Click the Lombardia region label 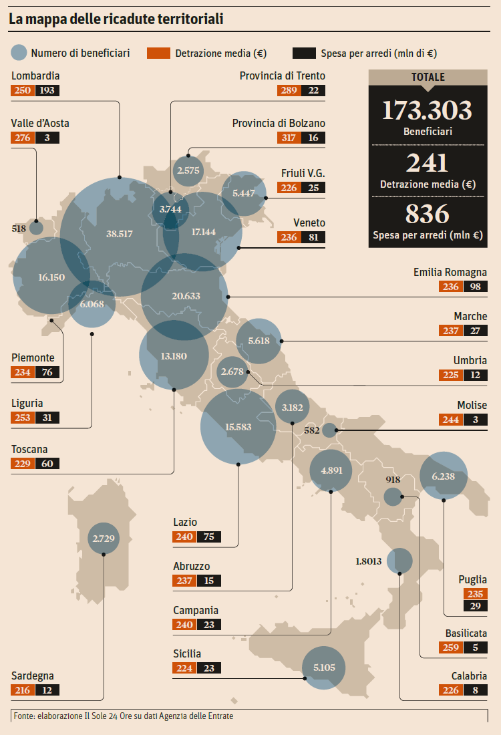35,76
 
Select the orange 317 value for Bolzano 289,138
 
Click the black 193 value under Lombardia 47,90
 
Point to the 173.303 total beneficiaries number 428,110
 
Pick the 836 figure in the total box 428,214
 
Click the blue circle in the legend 20,53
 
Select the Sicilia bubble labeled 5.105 324,667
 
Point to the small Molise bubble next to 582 329,430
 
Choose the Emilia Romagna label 450,273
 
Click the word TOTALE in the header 428,78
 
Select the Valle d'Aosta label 40,124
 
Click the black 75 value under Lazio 209,537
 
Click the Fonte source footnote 124,716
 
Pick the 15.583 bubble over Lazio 238,426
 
